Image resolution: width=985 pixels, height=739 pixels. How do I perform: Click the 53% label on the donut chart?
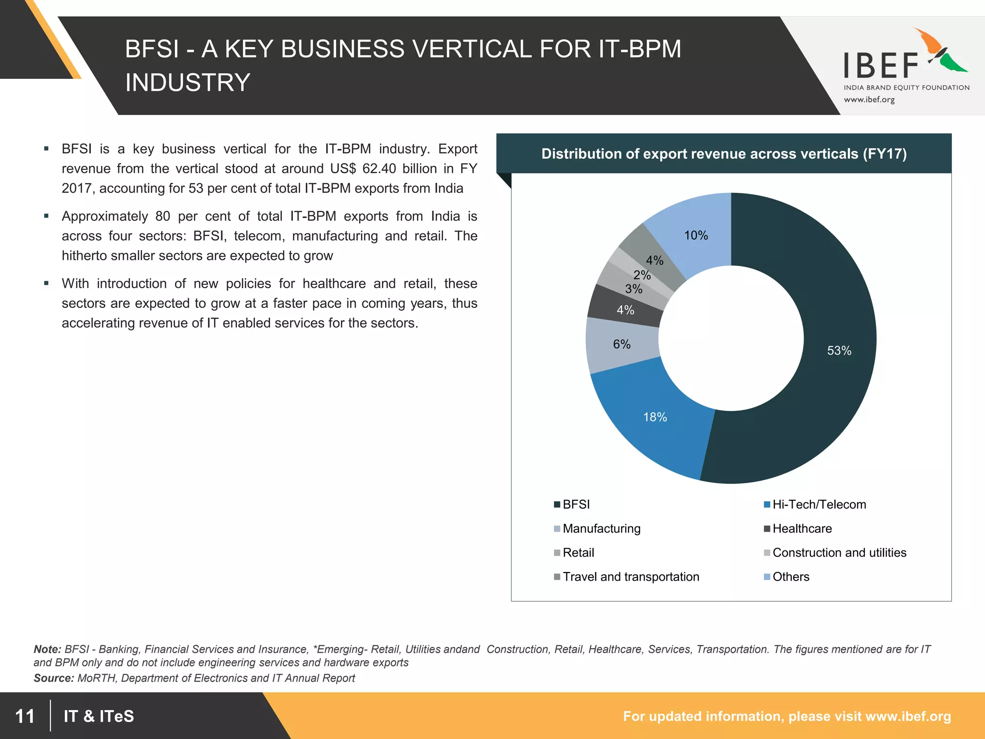tap(839, 351)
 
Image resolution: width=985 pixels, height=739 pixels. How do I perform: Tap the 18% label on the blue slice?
tap(655, 417)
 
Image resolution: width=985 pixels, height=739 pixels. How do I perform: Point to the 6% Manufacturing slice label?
tap(621, 344)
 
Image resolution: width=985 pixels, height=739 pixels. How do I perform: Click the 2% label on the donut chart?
tap(642, 275)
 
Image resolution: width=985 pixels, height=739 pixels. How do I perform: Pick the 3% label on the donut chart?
tap(633, 289)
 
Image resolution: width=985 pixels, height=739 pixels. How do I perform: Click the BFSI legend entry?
tap(576, 504)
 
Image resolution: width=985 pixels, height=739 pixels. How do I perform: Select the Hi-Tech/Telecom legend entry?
tap(819, 504)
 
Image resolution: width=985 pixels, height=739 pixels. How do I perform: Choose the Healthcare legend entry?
tap(802, 528)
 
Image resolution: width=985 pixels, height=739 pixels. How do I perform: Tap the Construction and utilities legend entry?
tap(839, 552)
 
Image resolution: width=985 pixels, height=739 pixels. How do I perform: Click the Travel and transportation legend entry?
tap(631, 576)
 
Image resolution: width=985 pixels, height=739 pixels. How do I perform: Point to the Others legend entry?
tap(790, 576)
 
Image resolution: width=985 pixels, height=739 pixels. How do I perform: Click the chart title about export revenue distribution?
tap(724, 153)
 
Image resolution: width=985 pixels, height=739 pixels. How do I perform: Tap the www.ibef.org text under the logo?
tap(869, 100)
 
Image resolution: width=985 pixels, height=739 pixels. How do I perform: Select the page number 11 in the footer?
tap(25, 716)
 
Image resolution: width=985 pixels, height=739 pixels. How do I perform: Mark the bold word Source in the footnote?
tap(53, 678)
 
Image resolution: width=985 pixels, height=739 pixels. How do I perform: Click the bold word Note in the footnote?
tap(47, 649)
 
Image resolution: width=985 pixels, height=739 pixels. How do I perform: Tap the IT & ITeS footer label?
tap(99, 716)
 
